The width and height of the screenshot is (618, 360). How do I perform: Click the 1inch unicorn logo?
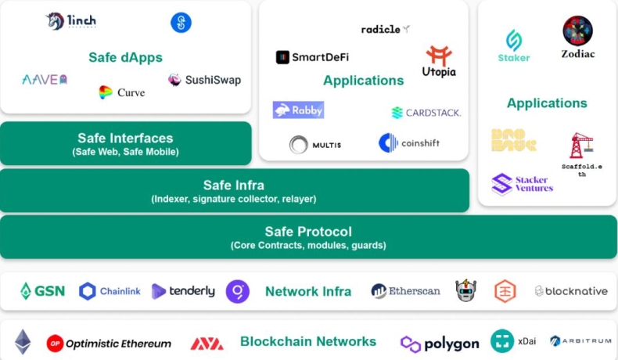pos(55,22)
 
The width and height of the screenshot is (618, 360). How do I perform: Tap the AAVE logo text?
pos(44,79)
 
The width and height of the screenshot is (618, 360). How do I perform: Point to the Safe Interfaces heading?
pos(125,138)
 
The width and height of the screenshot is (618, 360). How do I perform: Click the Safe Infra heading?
pos(233,185)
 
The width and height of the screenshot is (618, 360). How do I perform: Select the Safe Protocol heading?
pos(308,232)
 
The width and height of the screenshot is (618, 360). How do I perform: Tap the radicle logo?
pos(385,29)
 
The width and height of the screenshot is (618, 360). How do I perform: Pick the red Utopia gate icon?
pos(439,55)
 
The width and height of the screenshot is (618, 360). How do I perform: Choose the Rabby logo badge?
pos(298,110)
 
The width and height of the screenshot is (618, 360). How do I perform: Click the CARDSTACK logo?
pos(426,113)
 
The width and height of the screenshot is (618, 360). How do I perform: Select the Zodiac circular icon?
pos(577,31)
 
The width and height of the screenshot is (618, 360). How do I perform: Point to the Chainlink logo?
pos(110,291)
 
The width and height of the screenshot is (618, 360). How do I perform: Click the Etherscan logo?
pos(405,291)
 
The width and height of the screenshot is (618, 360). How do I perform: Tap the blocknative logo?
pos(571,291)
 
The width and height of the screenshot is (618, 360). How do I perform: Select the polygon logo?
pos(440,344)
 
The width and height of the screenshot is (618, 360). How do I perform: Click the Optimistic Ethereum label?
pos(109,344)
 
